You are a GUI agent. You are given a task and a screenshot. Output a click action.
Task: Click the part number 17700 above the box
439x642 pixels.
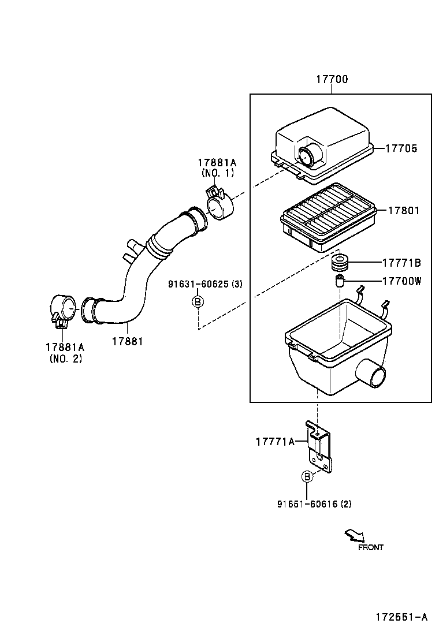[332, 80]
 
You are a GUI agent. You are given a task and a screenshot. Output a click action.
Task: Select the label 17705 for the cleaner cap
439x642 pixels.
[402, 148]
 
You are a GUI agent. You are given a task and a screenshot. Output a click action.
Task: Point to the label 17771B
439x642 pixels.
[401, 263]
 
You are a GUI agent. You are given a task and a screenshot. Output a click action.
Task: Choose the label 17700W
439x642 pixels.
[401, 281]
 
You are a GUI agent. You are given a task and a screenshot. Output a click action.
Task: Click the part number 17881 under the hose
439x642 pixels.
[127, 341]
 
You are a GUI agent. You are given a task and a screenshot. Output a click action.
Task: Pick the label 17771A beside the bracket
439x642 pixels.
[275, 442]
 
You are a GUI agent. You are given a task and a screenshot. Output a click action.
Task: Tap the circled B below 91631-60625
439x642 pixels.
[198, 301]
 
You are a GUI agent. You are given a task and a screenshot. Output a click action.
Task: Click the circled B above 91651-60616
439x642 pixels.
[307, 476]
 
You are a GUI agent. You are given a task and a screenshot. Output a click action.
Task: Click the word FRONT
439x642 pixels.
[370, 547]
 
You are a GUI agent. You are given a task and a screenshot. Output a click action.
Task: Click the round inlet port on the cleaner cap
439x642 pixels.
[304, 155]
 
